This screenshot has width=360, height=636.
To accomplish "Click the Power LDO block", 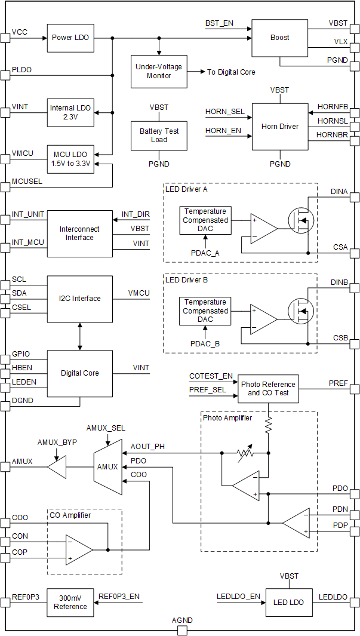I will tap(70, 38).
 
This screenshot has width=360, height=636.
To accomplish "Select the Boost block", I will tap(279, 38).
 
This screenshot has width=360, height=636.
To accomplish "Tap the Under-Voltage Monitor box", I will tap(158, 72).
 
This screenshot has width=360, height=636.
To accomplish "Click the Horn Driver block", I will tap(279, 127).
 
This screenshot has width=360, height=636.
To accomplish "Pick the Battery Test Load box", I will tap(158, 136).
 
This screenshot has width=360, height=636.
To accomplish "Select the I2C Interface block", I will tap(79, 299).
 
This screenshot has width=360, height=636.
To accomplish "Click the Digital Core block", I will tap(79, 373).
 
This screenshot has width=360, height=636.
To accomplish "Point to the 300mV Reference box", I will tap(70, 603).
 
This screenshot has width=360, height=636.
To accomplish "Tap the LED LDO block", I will tap(288, 603).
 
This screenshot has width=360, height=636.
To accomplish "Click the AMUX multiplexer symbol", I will tap(107, 466).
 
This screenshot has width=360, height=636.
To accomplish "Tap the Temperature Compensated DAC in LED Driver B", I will tap(205, 311).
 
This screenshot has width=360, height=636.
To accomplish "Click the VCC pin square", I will tap(5, 38).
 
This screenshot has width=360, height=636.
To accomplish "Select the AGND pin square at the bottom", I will tap(182, 631).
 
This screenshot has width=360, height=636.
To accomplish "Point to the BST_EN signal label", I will tap(219, 24).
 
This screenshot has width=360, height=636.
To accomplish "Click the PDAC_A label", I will tap(205, 253).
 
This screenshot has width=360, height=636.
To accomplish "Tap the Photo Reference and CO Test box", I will tap(267, 388).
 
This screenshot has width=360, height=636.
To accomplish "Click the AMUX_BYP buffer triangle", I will tap(56, 466).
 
